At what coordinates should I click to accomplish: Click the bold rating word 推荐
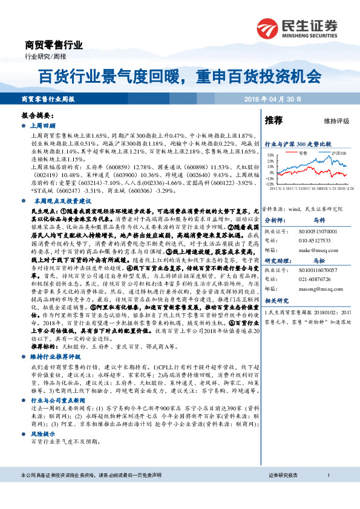(x=274, y=121)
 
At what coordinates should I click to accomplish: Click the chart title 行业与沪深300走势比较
(x=298, y=144)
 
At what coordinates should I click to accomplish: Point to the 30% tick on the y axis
(x=270, y=155)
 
